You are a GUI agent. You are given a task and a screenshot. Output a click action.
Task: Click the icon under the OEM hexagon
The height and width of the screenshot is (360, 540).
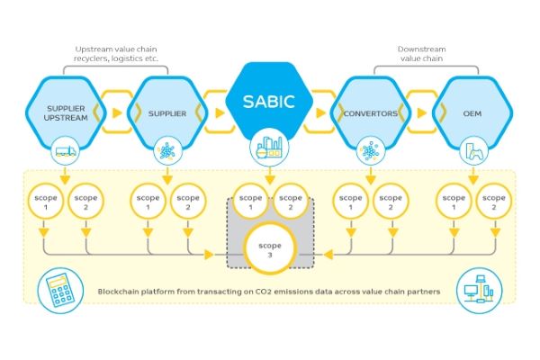pyautogui.click(x=469, y=149)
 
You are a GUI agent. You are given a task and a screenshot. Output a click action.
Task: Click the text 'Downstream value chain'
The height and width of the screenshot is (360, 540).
pyautogui.click(x=419, y=53)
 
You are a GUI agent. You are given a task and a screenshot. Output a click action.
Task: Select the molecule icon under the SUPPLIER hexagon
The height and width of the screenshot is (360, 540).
pyautogui.click(x=167, y=149)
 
